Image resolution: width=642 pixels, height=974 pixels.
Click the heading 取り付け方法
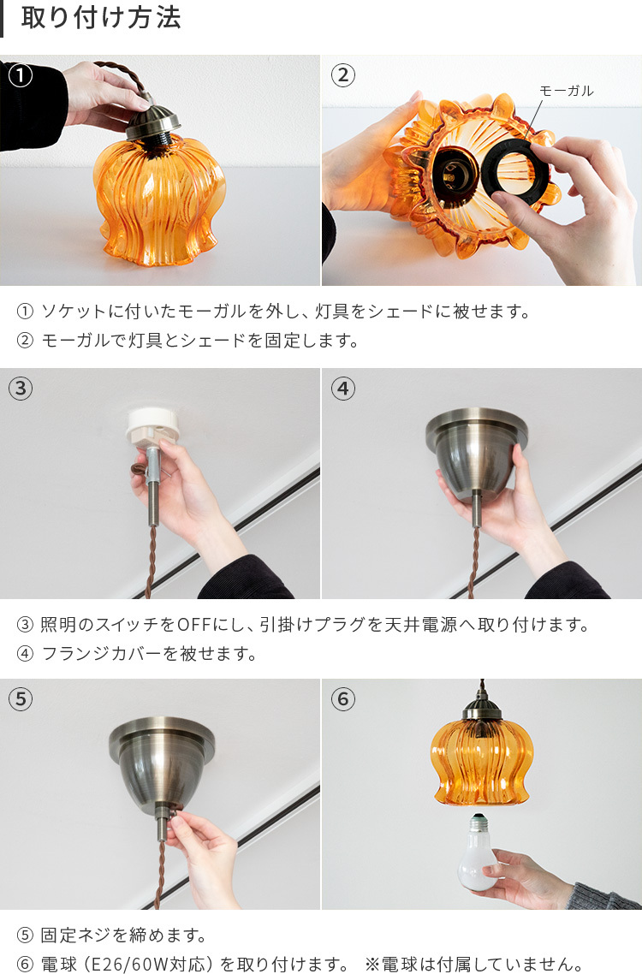[x=101, y=19]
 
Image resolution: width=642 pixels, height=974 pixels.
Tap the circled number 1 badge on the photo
[x=21, y=75]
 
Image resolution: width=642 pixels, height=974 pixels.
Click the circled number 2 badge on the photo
[x=342, y=75]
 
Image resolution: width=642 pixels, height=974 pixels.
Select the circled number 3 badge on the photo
[x=21, y=389]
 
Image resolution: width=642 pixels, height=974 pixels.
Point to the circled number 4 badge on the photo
[x=342, y=389]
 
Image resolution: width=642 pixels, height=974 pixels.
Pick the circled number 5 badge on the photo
[x=21, y=699]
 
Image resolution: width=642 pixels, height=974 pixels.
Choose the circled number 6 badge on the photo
[x=342, y=699]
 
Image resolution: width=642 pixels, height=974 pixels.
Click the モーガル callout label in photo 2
[x=566, y=91]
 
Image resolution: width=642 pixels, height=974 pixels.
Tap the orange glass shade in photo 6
[x=481, y=762]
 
